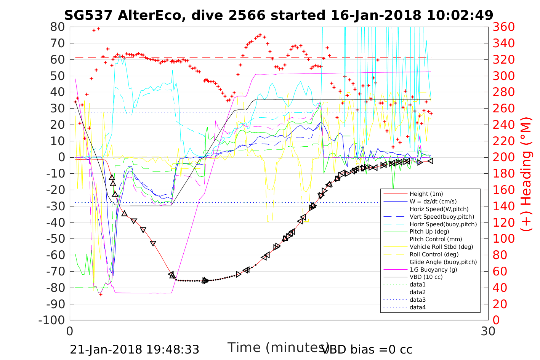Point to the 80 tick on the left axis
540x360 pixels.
tap(58, 27)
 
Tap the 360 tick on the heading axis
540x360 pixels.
tap(504, 27)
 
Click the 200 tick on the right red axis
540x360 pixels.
tap(504, 157)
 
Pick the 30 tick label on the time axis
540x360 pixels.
tap(488, 331)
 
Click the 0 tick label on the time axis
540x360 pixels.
tap(70, 331)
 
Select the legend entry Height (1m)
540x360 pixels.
tap(426, 194)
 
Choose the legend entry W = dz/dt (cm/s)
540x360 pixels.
tap(433, 202)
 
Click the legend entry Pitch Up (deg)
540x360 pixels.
tap(429, 232)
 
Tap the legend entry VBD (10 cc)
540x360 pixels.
tap(426, 277)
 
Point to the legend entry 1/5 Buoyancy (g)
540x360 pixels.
tap(433, 269)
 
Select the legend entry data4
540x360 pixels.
tap(417, 307)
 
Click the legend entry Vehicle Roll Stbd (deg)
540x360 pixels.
tap(441, 247)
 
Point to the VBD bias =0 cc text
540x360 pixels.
tap(367, 349)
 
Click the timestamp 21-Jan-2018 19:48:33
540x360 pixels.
tap(135, 349)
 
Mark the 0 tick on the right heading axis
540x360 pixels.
tap(497, 320)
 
